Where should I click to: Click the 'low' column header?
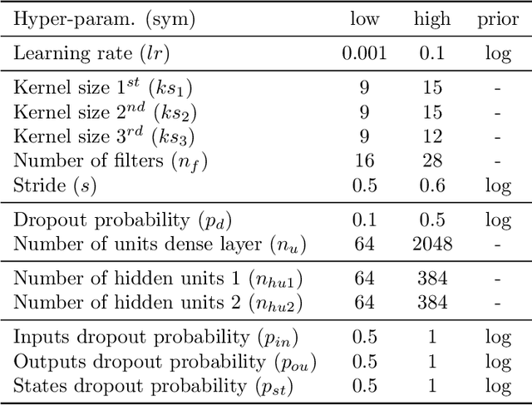coord(364,18)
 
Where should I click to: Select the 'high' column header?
coord(431,18)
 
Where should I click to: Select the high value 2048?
coord(431,244)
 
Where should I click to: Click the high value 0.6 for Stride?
coord(431,185)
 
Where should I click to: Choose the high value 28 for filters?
coord(431,161)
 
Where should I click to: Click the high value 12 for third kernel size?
coord(431,136)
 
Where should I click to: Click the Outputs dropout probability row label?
coord(165,362)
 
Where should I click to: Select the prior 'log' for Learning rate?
coord(497,53)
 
